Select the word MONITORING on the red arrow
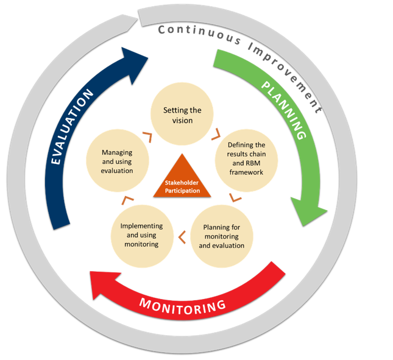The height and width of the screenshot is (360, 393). (183, 303)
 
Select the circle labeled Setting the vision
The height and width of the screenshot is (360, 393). (182, 115)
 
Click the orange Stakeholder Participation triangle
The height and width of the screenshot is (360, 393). (182, 180)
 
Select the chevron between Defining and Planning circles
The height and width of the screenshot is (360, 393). (236, 198)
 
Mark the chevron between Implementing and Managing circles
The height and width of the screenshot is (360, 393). (127, 200)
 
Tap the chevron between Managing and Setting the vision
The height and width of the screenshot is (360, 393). (146, 135)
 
